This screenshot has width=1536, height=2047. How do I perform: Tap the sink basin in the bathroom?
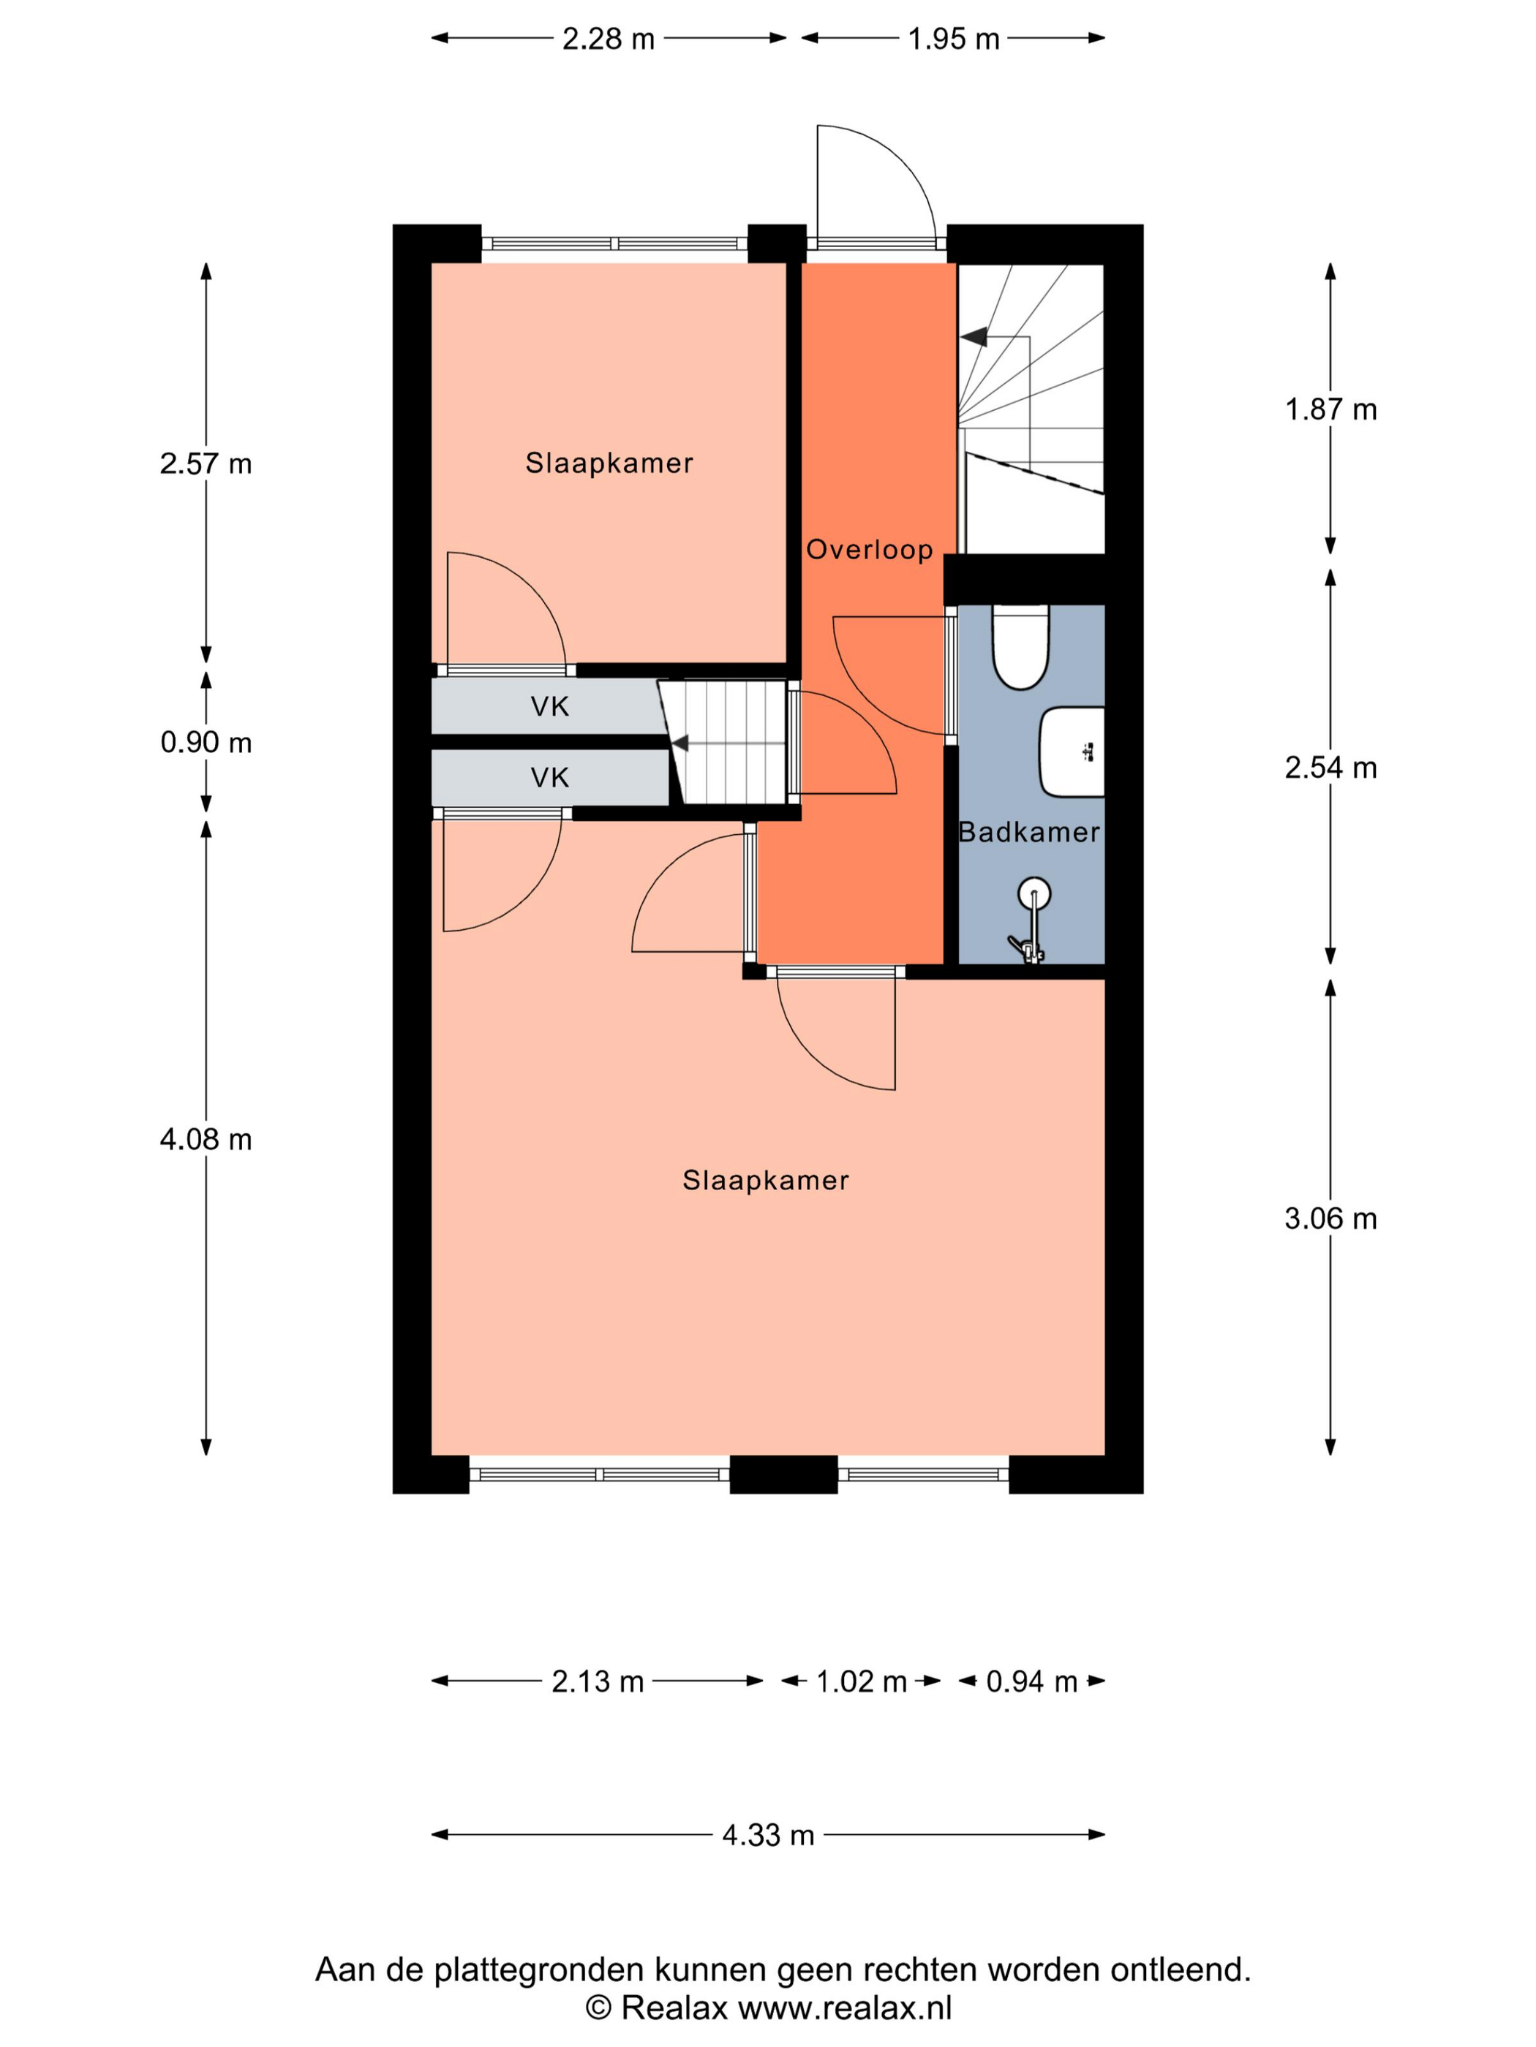1072,752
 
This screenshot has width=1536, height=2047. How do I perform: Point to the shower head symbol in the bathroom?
1034,894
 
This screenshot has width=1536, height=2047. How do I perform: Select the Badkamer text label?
1028,832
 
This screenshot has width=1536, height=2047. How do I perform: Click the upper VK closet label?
550,707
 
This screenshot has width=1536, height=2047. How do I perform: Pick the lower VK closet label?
550,777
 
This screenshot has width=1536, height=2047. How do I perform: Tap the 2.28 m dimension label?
609,39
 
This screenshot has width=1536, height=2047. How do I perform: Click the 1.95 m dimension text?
954,39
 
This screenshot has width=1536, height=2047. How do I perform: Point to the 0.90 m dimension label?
206,742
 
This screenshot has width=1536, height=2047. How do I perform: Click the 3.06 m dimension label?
1330,1219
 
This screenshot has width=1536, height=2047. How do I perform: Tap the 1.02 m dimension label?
861,1681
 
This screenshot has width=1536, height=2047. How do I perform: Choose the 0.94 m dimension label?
1031,1681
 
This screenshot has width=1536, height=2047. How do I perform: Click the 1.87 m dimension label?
1330,409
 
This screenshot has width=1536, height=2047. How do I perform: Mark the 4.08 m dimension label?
206,1139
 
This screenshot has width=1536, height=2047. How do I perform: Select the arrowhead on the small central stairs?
679,743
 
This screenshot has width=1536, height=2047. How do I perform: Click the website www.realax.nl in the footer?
844,2008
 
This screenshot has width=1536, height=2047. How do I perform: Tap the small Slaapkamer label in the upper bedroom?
609,463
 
